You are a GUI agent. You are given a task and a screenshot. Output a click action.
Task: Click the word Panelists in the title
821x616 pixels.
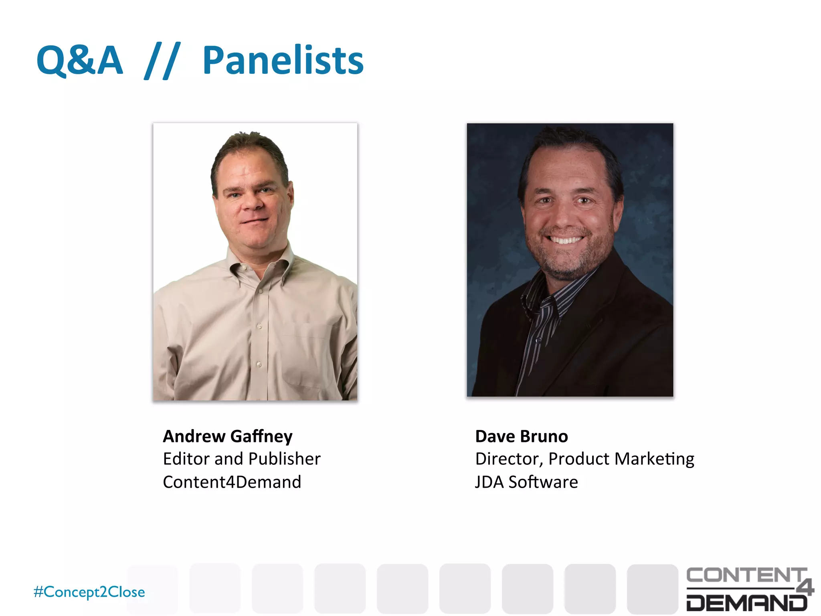(283, 61)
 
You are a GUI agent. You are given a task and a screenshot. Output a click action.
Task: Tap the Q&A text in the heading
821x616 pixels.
(79, 61)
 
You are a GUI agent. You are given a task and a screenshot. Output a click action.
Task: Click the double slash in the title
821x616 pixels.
(162, 61)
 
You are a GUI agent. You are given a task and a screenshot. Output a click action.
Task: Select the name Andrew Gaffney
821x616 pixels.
(228, 436)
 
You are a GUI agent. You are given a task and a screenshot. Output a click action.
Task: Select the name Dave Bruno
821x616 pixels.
(522, 436)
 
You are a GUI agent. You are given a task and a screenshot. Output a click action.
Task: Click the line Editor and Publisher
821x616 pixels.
(242, 459)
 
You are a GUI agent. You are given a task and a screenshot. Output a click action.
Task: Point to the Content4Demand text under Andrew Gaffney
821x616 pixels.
(232, 482)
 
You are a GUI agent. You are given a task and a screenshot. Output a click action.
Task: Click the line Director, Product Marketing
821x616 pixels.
(584, 459)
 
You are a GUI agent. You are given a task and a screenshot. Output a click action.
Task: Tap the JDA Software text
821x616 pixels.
(526, 482)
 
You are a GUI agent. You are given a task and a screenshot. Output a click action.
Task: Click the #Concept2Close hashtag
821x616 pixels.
(89, 592)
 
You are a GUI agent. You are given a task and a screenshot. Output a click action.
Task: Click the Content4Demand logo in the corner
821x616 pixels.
(749, 589)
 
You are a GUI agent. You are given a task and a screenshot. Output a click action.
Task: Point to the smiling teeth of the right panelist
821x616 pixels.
(566, 240)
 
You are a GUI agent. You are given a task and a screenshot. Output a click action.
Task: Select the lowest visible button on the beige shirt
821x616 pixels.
(259, 364)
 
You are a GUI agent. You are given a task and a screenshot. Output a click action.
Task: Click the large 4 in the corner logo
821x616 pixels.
(805, 587)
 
